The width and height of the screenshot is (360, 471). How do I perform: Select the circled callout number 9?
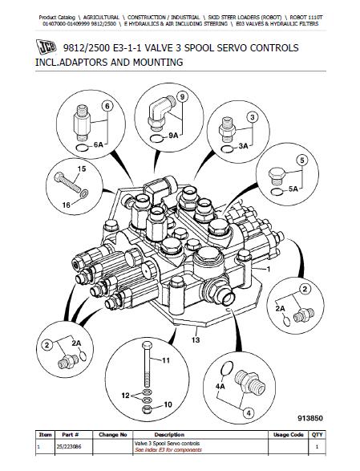point(183,97)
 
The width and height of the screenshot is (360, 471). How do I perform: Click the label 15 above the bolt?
point(79,169)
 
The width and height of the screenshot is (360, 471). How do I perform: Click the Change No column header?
point(112,435)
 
